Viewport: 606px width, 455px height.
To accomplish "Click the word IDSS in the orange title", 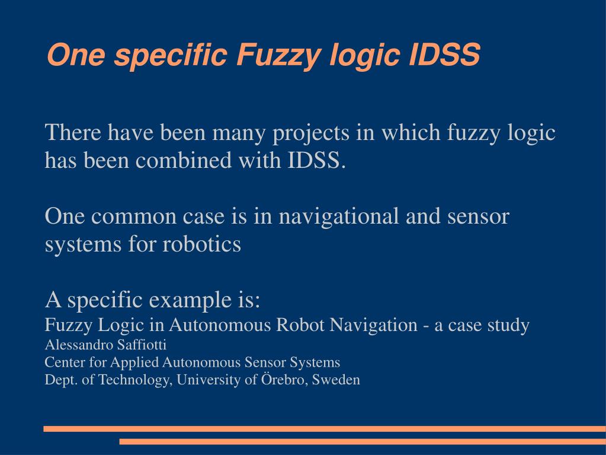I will point(444,56).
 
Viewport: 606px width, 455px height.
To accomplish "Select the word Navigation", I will point(374,325).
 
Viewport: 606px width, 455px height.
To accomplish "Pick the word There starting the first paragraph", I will point(72,132).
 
